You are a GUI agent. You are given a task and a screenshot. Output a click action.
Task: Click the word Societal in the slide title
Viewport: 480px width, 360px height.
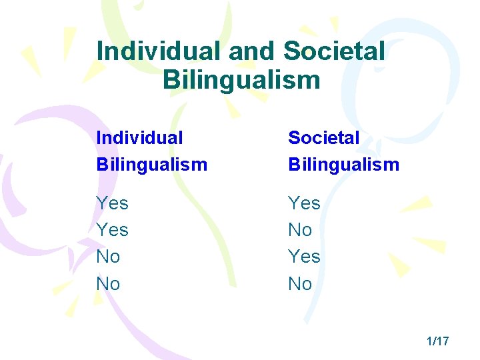coord(334,51)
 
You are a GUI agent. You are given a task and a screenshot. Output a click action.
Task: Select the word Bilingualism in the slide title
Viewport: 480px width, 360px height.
coord(241,81)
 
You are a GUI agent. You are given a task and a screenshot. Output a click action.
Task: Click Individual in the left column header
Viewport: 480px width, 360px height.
coord(139,138)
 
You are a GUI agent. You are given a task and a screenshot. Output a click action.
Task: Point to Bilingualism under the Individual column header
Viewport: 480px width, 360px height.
coord(152,164)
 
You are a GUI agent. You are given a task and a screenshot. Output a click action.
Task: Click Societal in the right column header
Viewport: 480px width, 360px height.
coord(324,138)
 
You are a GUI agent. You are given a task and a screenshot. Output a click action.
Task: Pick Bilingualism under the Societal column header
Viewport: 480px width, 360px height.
coord(344,164)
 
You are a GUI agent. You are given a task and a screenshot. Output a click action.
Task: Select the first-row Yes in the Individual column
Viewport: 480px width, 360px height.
coord(113,203)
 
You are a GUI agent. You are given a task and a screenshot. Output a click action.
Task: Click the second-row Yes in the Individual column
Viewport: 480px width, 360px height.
coord(113,230)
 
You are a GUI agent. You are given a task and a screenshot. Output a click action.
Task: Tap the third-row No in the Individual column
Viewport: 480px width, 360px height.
coord(109,257)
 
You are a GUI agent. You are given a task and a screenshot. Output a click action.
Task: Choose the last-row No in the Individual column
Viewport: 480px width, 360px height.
coord(109,284)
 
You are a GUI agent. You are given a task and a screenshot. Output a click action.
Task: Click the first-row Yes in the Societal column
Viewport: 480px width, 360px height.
coord(305,203)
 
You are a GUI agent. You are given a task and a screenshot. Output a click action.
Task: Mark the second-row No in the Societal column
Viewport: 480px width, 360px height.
coord(300,230)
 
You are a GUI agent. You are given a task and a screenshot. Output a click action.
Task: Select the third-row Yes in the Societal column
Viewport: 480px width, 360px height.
coord(305,257)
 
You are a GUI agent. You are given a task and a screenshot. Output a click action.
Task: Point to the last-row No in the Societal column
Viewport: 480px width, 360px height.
coord(300,284)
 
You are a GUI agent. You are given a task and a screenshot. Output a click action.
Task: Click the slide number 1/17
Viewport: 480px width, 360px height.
coord(438,341)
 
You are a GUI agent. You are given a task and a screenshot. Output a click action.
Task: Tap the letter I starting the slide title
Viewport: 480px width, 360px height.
coord(100,51)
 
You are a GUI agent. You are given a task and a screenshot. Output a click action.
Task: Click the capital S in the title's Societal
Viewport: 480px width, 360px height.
coord(291,51)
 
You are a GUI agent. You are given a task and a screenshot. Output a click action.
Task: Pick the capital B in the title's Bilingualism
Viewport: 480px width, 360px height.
coord(170,81)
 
